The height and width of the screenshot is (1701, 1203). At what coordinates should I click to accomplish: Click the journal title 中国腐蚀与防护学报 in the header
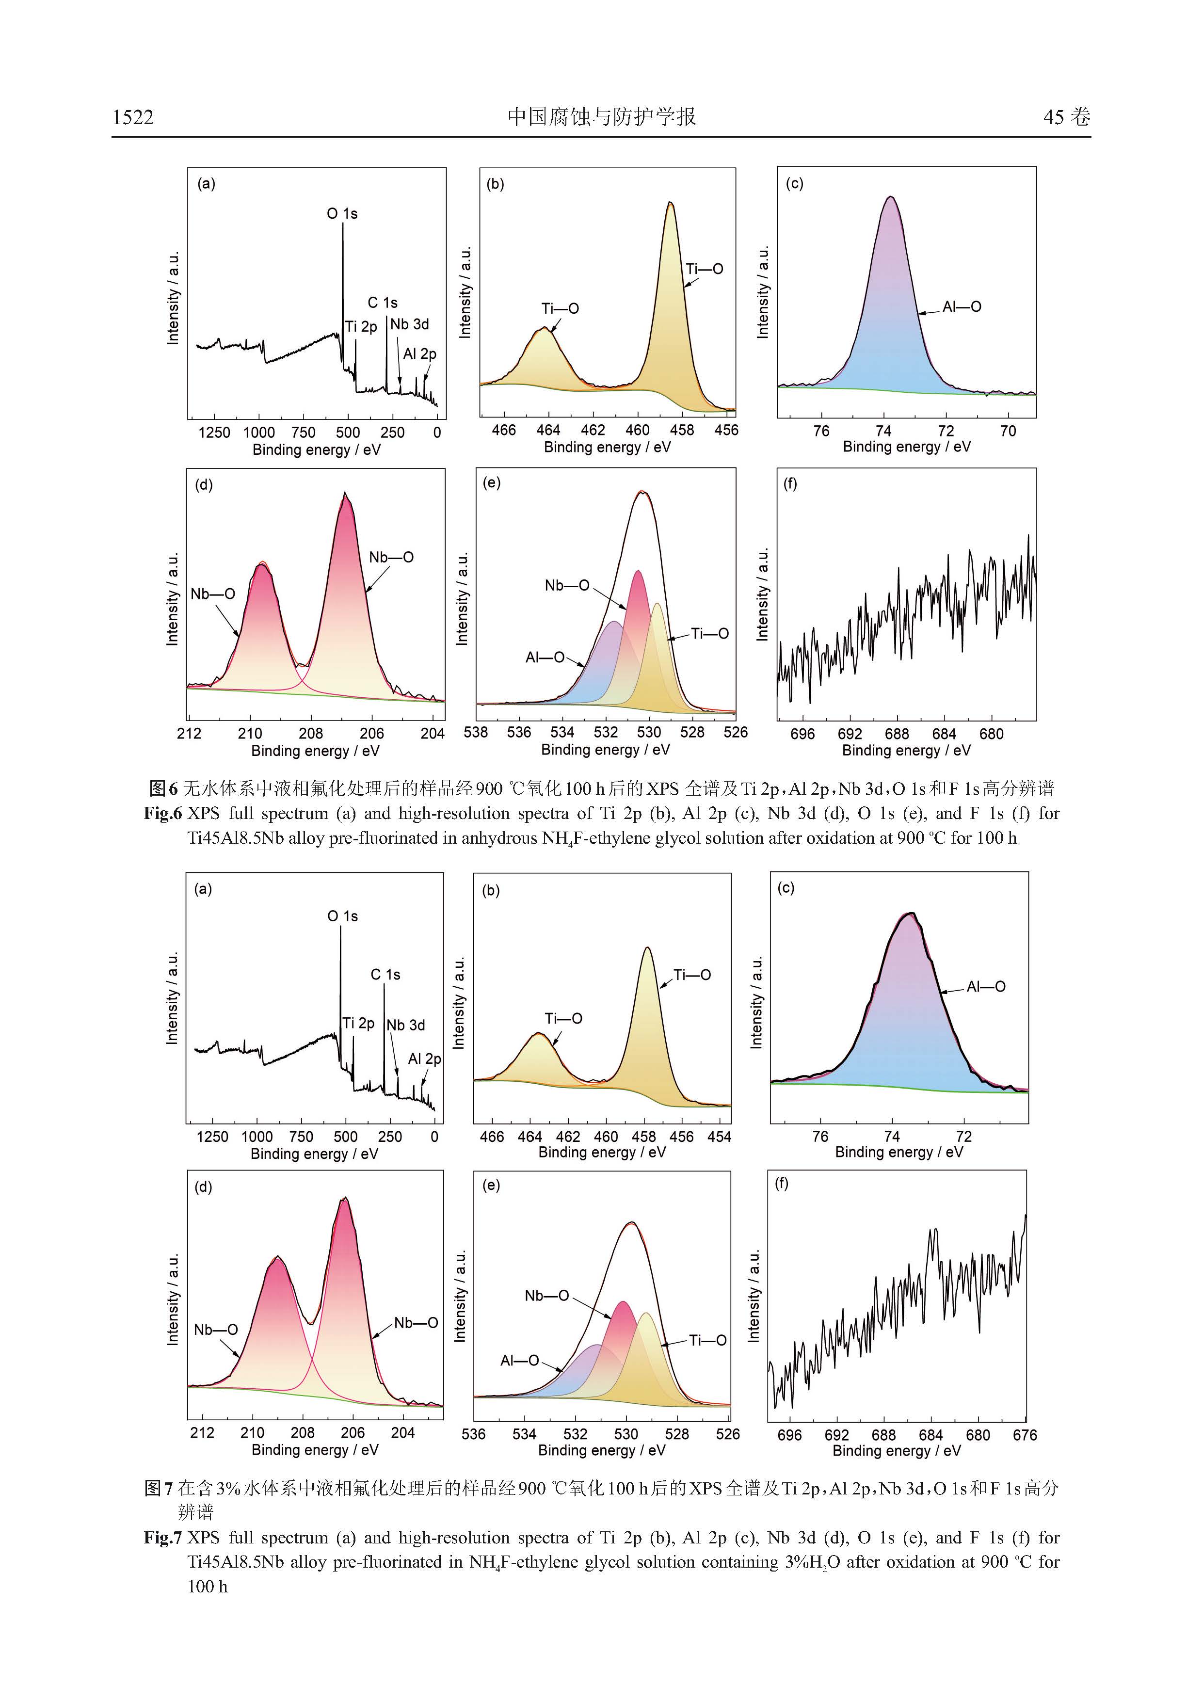601,117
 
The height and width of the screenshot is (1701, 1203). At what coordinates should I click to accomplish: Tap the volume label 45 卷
1067,117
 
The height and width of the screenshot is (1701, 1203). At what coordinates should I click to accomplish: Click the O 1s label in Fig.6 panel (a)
342,213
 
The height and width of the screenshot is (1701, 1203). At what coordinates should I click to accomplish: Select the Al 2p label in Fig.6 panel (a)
419,354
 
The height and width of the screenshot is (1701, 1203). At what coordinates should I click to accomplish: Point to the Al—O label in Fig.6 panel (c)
962,307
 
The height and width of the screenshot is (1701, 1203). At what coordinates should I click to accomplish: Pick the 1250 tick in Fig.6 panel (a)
214,433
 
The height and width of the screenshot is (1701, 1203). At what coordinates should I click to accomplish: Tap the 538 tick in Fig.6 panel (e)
476,732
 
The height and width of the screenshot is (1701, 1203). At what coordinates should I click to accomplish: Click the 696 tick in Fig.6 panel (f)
802,734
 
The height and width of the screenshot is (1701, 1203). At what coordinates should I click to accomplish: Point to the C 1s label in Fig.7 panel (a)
385,975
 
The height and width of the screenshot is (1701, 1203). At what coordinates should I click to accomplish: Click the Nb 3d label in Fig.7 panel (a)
406,1026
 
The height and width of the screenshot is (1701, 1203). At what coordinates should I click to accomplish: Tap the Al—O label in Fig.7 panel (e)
519,1361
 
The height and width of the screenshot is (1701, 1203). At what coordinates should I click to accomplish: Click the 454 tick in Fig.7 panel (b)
719,1137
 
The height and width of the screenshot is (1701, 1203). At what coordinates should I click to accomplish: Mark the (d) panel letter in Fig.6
204,485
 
